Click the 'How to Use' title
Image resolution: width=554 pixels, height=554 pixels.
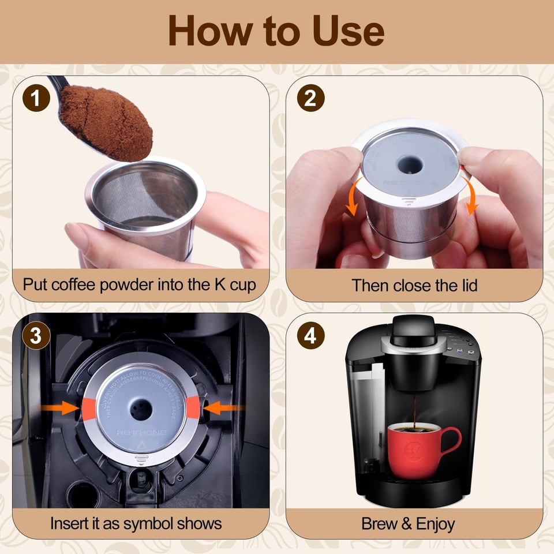pyautogui.click(x=276, y=31)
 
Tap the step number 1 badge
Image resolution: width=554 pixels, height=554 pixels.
pyautogui.click(x=36, y=99)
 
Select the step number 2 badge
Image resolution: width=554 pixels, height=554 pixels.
pyautogui.click(x=310, y=99)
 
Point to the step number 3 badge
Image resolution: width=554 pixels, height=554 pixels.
pyautogui.click(x=36, y=336)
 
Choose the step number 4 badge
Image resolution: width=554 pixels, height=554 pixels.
pyautogui.click(x=310, y=336)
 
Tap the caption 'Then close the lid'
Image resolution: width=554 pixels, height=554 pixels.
pyautogui.click(x=414, y=285)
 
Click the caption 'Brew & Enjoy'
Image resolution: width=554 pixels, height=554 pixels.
pyautogui.click(x=408, y=523)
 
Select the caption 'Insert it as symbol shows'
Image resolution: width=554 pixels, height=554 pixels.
pyautogui.click(x=136, y=523)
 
